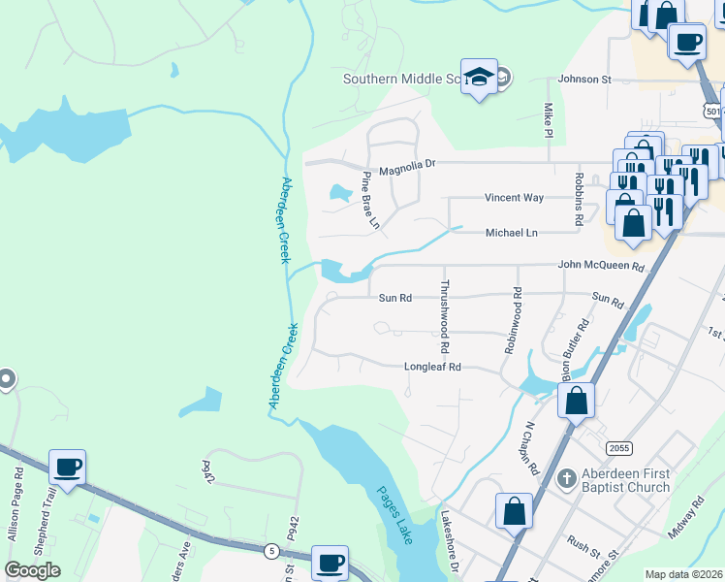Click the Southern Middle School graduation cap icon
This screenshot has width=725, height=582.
(479, 77)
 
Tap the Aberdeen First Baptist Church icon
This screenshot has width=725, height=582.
(568, 478)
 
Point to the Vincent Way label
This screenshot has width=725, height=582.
(514, 198)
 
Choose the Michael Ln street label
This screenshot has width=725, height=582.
(511, 233)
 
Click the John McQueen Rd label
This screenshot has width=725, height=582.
(601, 266)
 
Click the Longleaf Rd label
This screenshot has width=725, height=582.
(432, 368)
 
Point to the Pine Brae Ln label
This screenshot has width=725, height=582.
(371, 201)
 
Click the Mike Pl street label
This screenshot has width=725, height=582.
(549, 119)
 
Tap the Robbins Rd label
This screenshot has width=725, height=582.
(579, 200)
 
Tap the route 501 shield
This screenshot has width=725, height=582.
(713, 112)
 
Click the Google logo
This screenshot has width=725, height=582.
(32, 570)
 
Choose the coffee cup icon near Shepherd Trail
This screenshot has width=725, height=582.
(68, 468)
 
